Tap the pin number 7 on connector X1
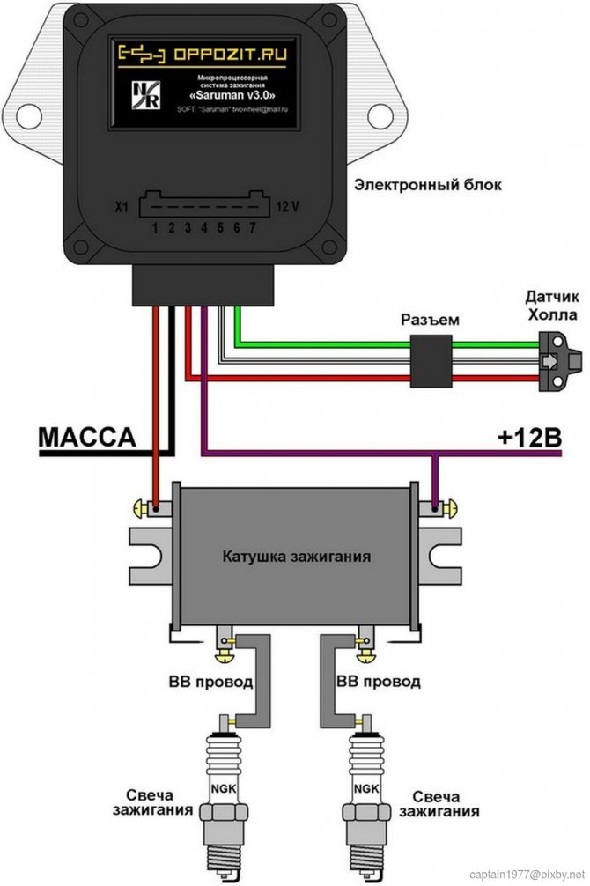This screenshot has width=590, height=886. [254, 228]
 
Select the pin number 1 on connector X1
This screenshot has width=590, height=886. [154, 228]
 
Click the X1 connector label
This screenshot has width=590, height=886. [122, 208]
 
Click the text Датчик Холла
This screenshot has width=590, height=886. [552, 305]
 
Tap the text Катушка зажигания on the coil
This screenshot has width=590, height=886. [296, 557]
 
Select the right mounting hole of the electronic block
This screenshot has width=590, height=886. [380, 115]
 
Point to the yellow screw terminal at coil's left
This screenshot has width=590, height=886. [141, 507]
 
